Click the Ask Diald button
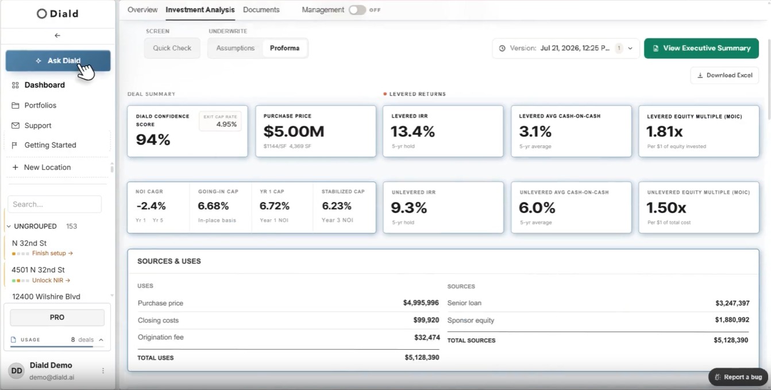pyautogui.click(x=58, y=60)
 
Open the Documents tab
pyautogui.click(x=261, y=10)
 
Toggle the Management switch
pyautogui.click(x=357, y=10)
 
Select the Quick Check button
pyautogui.click(x=172, y=48)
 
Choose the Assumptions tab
pyautogui.click(x=236, y=48)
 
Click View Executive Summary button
pyautogui.click(x=701, y=48)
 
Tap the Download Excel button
pyautogui.click(x=724, y=75)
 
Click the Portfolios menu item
pyautogui.click(x=40, y=105)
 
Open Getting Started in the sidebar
pyautogui.click(x=50, y=145)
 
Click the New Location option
pyautogui.click(x=47, y=167)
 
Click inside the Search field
pyautogui.click(x=55, y=204)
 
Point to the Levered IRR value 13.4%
pyautogui.click(x=413, y=132)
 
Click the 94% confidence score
pyautogui.click(x=153, y=140)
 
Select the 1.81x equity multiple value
pyautogui.click(x=664, y=132)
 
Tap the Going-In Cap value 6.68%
pyautogui.click(x=213, y=206)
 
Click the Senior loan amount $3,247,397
pyautogui.click(x=732, y=303)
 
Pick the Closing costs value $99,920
pyautogui.click(x=426, y=320)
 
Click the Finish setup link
pyautogui.click(x=52, y=253)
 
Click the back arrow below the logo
pyautogui.click(x=57, y=36)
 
